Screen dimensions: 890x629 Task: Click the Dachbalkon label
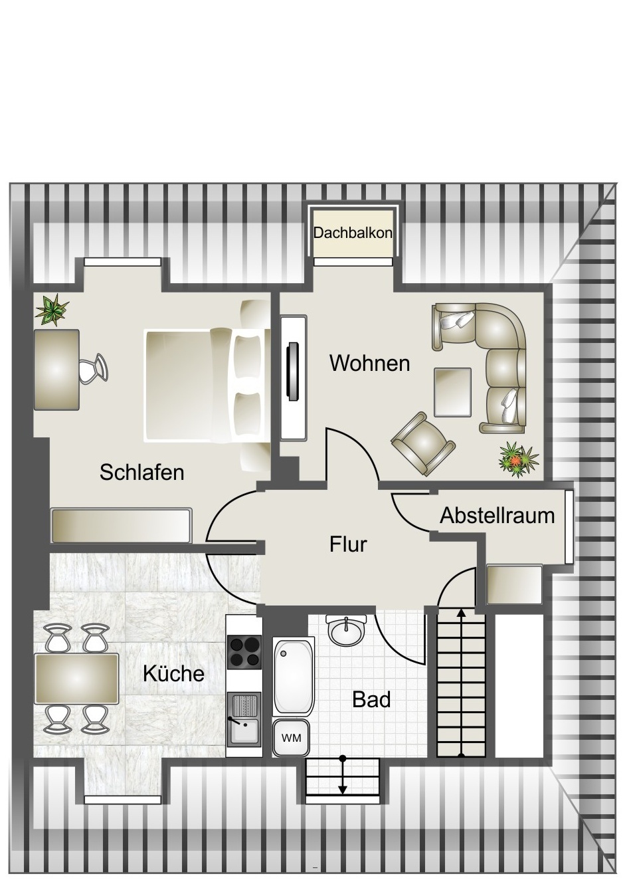pos(353,233)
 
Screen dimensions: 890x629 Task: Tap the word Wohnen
pos(369,364)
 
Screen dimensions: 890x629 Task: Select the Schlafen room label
pos(141,473)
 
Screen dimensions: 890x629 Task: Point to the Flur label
pos(348,544)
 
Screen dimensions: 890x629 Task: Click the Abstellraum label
pos(497,515)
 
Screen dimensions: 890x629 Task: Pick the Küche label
pos(173,673)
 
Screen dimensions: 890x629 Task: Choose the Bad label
pos(371,699)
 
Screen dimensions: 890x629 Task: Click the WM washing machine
pos(291,738)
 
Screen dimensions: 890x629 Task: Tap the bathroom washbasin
pos(346,629)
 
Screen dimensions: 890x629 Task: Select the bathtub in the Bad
pos(293,677)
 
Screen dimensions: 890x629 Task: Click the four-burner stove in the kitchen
pos(244,651)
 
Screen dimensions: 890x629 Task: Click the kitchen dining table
pos(76,679)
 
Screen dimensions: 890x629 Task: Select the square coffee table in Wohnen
pos(452,390)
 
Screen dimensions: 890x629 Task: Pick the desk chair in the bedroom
pos(92,368)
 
